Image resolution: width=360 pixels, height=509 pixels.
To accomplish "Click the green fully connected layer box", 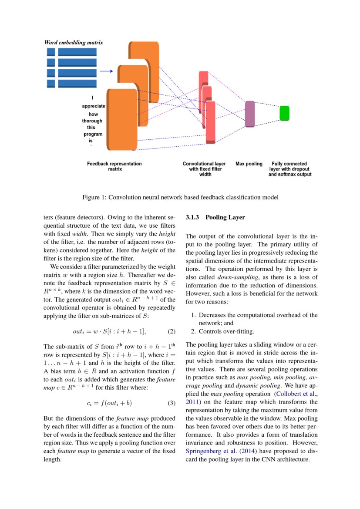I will [x=284, y=113].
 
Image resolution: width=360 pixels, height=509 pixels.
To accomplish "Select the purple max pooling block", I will [x=249, y=114].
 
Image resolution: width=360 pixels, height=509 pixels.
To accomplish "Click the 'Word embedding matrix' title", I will [x=74, y=43].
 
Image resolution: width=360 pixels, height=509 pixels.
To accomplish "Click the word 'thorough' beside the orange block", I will [x=92, y=121].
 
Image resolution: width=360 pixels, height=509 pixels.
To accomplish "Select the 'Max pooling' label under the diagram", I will [x=249, y=164].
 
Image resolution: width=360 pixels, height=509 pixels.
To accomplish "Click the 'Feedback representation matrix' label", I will [x=114, y=166].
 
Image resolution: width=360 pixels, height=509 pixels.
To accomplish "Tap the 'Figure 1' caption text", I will [x=180, y=197].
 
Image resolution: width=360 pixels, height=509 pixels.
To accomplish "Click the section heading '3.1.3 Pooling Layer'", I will [x=215, y=217].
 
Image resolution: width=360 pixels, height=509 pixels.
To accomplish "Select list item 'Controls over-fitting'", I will [x=226, y=331].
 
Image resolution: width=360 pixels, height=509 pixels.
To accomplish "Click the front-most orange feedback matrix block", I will [x=121, y=119].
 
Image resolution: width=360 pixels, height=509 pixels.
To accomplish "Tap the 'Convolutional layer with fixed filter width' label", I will [x=204, y=169].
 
